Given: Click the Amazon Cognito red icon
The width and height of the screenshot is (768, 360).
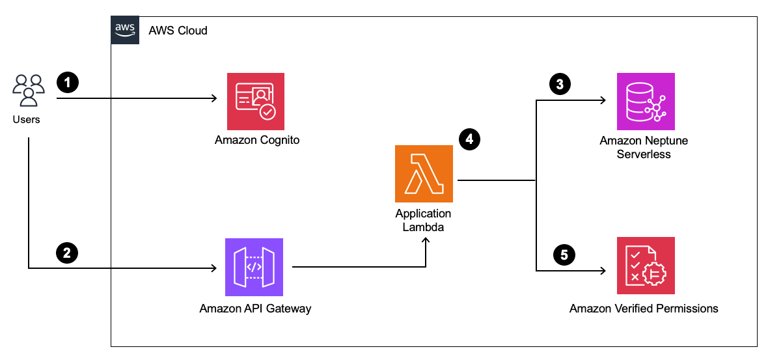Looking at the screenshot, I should pos(255,101).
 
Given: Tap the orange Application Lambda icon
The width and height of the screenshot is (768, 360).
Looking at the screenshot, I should pos(423,174).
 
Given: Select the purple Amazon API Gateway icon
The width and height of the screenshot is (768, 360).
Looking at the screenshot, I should pos(254,266).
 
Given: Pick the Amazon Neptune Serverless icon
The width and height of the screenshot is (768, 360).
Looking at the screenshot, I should pos(646,101).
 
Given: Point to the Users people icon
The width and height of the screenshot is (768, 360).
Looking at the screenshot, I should pos(28,90).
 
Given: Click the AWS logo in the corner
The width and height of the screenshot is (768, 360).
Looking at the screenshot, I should pos(125,29).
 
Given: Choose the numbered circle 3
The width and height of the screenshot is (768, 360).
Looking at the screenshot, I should pos(559,83).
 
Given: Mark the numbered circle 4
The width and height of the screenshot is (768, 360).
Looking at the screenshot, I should pos(469,139).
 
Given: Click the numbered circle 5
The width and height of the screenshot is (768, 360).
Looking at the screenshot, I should pos(564,255).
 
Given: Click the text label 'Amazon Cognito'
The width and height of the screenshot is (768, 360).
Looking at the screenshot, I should pos(257,140).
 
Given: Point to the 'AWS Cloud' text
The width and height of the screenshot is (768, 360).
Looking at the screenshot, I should pos(178,30).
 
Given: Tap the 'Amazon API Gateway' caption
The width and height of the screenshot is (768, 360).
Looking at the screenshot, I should pos(255,308).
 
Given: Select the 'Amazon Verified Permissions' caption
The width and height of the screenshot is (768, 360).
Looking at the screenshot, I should pos(644,308).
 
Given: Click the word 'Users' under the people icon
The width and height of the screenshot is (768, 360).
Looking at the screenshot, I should pos(27,120).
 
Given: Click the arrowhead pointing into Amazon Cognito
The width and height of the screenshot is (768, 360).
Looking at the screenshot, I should pos(213,99).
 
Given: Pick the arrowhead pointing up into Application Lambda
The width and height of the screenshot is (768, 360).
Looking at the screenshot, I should pos(426,241).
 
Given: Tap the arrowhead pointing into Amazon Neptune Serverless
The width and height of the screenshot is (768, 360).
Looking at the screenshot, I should pos(603,101).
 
